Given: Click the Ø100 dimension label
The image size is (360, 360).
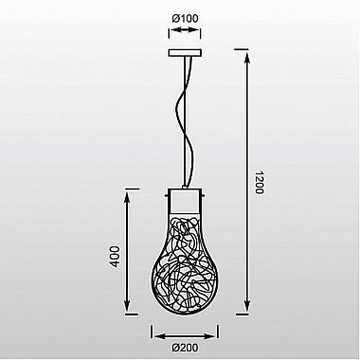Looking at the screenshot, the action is [185, 18].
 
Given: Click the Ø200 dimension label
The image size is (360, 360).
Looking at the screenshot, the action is [186, 348].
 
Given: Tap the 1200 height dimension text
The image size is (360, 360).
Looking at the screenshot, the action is [259, 183].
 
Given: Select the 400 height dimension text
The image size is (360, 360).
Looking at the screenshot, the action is [115, 257].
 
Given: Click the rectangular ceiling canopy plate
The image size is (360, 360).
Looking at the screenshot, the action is [185, 53].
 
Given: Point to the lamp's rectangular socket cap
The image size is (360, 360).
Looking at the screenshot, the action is [185, 201].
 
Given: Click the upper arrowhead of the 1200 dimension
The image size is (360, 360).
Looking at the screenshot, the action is [247, 59].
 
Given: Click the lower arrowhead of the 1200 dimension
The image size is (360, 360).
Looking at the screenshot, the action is [247, 306].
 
